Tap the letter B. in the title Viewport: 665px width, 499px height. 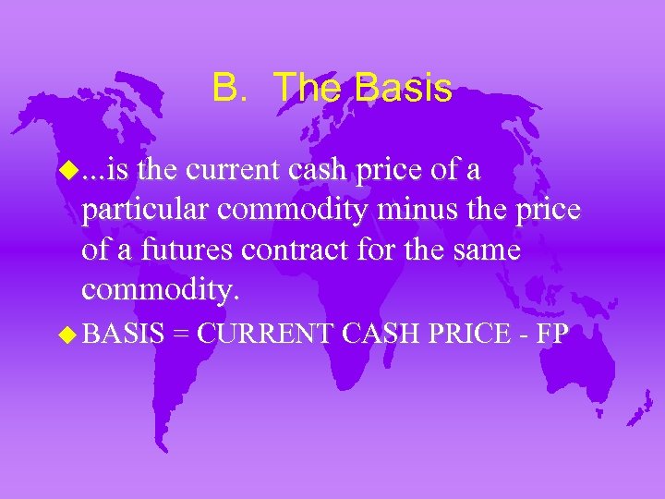coord(227,89)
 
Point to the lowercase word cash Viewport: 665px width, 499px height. coord(352,171)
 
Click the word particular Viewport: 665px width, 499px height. coord(146,212)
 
